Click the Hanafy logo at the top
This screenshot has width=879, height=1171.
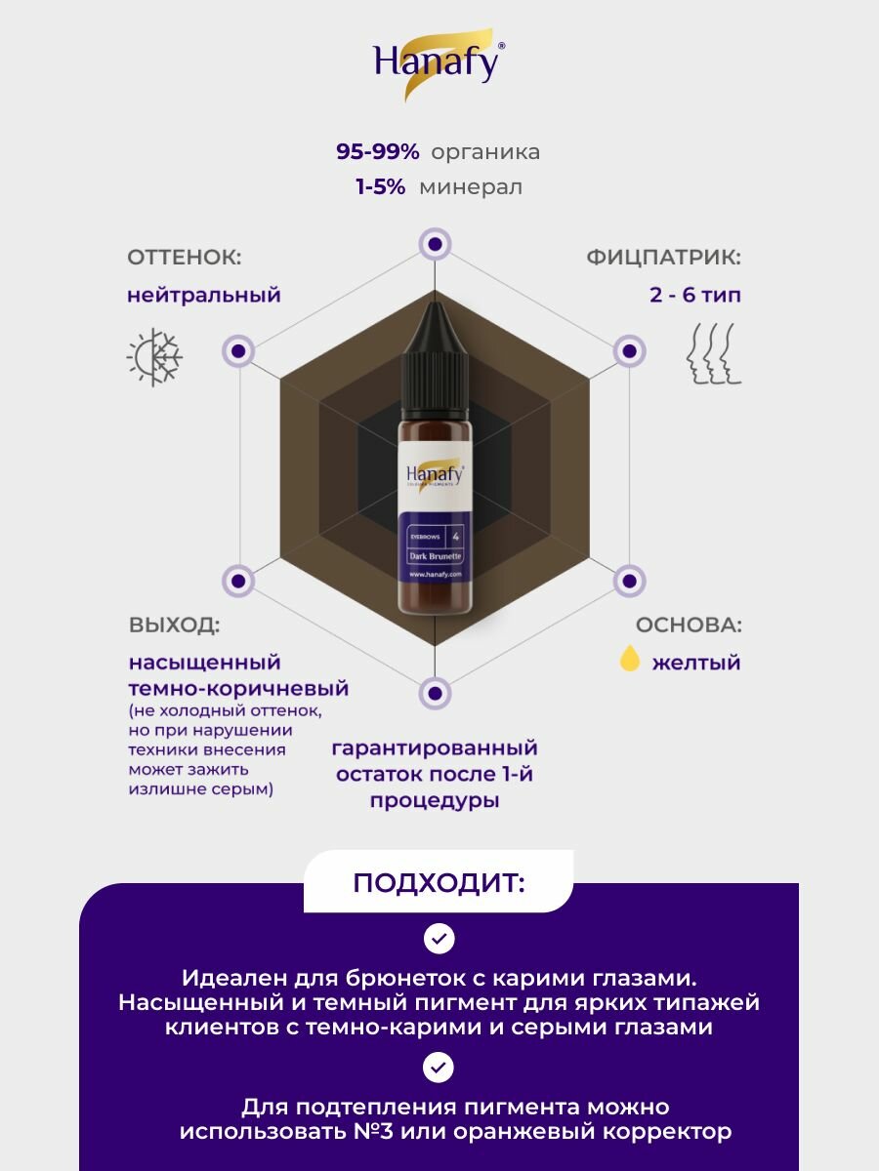click(x=439, y=63)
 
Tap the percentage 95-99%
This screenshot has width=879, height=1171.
click(x=378, y=152)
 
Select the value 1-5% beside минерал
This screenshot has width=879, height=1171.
click(x=381, y=187)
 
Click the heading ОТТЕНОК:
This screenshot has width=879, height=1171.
click(x=184, y=258)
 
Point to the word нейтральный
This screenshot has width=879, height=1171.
click(x=203, y=295)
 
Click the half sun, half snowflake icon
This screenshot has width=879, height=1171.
click(x=154, y=357)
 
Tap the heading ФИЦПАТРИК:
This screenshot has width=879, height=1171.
click(x=663, y=258)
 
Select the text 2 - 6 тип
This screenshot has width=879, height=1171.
click(x=694, y=295)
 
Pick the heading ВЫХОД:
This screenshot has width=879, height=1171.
click(x=174, y=626)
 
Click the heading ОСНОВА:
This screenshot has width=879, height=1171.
click(x=689, y=626)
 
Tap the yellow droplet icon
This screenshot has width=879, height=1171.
click(x=630, y=661)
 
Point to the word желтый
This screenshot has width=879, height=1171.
click(x=695, y=663)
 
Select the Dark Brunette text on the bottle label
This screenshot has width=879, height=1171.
click(x=436, y=555)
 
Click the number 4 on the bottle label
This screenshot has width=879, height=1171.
click(x=455, y=535)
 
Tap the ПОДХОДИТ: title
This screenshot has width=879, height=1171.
click(x=439, y=883)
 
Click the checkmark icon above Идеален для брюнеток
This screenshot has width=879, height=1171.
click(x=439, y=939)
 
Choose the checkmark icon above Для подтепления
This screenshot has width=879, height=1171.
click(x=439, y=1067)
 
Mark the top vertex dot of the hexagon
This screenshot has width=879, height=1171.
click(x=435, y=244)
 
